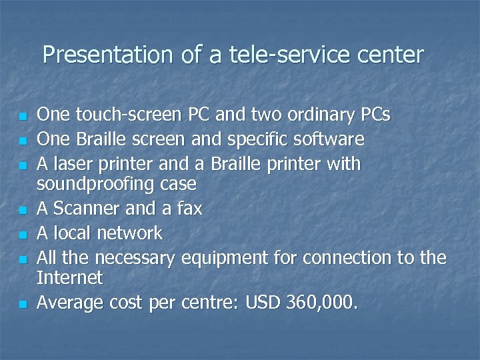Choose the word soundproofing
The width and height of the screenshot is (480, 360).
96,183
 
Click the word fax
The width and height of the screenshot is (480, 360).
189,209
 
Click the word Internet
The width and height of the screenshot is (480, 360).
69,277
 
